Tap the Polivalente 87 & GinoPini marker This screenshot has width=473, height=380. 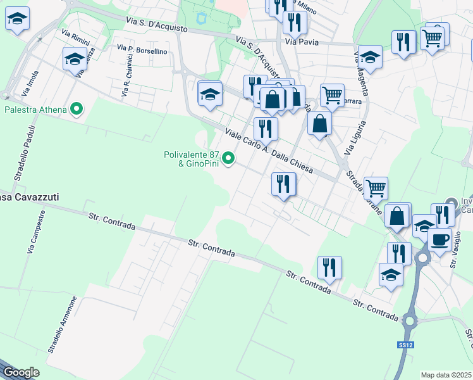pos(230,159)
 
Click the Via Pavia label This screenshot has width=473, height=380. pos(301,42)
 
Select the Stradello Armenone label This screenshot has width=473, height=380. pos(63,324)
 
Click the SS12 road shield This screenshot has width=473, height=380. pos(405,345)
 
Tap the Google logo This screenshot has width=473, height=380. pos(20,372)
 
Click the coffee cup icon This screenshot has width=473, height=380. pos(439,239)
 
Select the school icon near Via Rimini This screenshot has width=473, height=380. pos(75,58)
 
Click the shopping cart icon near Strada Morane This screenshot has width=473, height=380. pos(376,187)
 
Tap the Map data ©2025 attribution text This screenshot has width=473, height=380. pos(446,375)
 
